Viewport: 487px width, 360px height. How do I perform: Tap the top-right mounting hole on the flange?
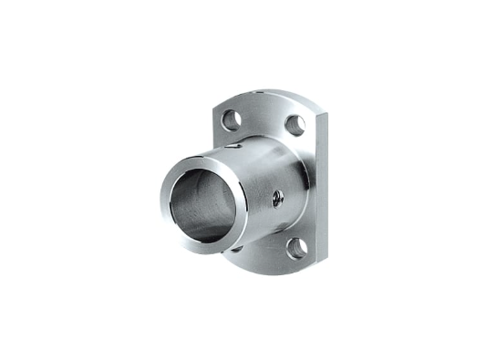coord(295,125)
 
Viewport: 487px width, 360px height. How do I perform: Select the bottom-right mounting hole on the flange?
coord(295,246)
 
